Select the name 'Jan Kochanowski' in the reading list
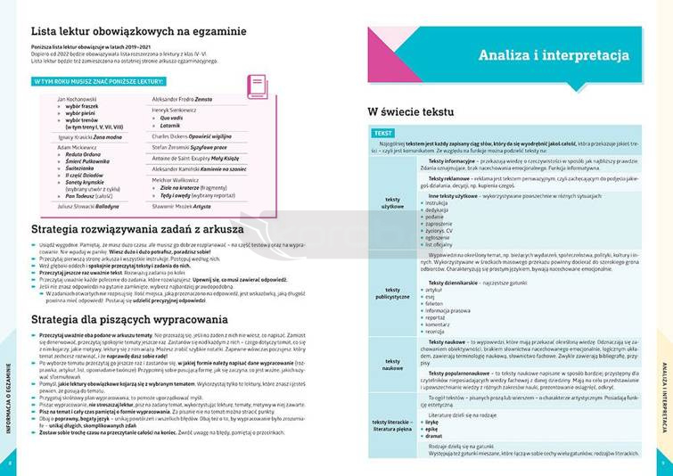[x=77, y=98]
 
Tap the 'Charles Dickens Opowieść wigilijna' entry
[x=192, y=135]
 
